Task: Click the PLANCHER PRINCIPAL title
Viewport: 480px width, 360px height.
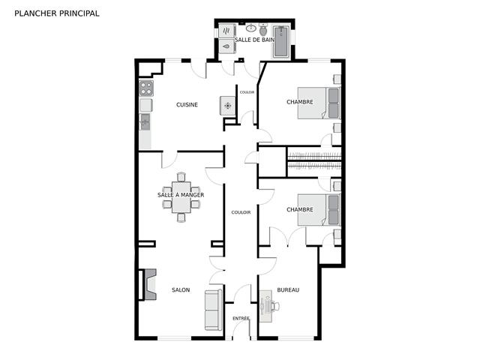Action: pyautogui.click(x=57, y=13)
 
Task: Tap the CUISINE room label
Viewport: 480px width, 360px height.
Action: pyautogui.click(x=187, y=105)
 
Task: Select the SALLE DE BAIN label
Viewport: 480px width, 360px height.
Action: pyautogui.click(x=255, y=40)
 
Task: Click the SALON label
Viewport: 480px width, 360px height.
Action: pyautogui.click(x=181, y=290)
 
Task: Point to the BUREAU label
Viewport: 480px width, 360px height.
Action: pyautogui.click(x=288, y=290)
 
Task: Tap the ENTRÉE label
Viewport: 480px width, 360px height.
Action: pyautogui.click(x=241, y=318)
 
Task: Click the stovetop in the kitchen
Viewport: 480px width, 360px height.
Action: pyautogui.click(x=146, y=88)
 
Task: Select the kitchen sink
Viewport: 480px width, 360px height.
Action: pyautogui.click(x=145, y=121)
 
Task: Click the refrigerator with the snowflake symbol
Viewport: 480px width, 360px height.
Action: pyautogui.click(x=228, y=106)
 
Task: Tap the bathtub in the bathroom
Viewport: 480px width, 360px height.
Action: pyautogui.click(x=281, y=42)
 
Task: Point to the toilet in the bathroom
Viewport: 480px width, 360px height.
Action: pyautogui.click(x=263, y=29)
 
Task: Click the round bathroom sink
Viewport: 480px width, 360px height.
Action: pyautogui.click(x=251, y=28)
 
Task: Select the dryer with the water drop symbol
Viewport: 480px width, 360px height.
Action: pyautogui.click(x=226, y=46)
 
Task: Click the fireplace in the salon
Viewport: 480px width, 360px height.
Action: pyautogui.click(x=150, y=284)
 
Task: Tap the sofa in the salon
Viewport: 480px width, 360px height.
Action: pyautogui.click(x=213, y=310)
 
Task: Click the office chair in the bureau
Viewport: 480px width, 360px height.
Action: pyautogui.click(x=275, y=306)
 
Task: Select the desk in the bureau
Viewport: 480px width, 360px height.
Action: pyautogui.click(x=265, y=306)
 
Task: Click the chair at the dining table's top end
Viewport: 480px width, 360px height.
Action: pyautogui.click(x=181, y=177)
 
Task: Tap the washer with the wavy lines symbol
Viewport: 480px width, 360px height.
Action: pyautogui.click(x=226, y=31)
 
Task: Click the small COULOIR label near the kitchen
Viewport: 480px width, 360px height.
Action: pyautogui.click(x=247, y=92)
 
